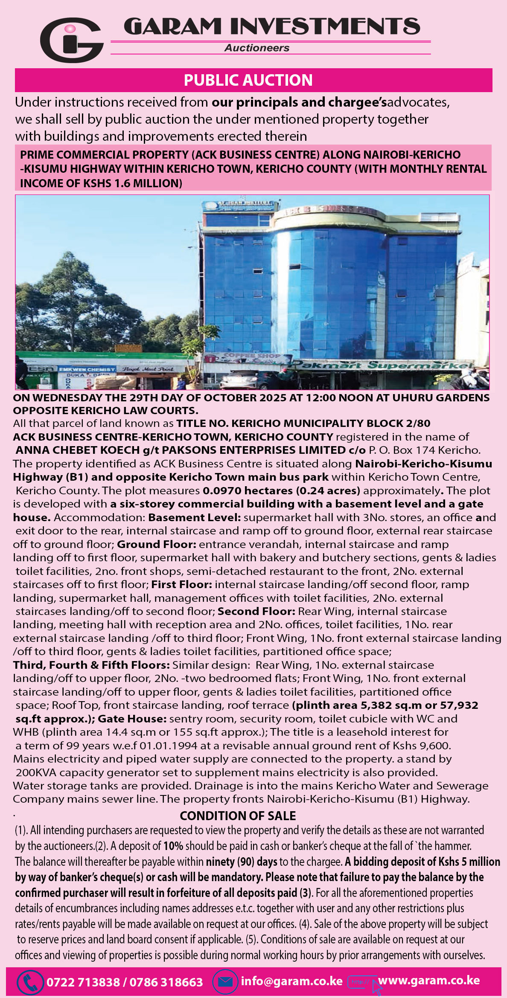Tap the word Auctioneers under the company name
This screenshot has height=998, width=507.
click(x=257, y=48)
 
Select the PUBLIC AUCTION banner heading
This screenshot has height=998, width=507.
click(x=248, y=80)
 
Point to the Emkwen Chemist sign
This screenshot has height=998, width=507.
click(x=87, y=369)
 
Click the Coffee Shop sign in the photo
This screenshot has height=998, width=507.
click(x=252, y=355)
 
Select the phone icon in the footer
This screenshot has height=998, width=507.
click(x=30, y=982)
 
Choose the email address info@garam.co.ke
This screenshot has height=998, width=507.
click(x=291, y=981)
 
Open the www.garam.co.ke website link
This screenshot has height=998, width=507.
click(x=428, y=981)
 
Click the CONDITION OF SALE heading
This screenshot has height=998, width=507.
click(x=238, y=816)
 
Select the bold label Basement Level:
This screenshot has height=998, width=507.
click(x=195, y=517)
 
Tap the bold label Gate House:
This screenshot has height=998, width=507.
click(x=132, y=719)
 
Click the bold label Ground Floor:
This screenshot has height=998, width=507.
click(x=157, y=544)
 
